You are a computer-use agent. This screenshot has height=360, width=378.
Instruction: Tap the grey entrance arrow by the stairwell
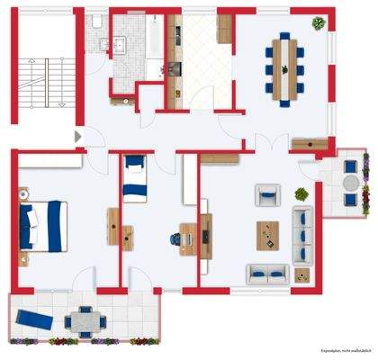coord(77,136)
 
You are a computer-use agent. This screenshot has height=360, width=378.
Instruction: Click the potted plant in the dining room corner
coord(318,25)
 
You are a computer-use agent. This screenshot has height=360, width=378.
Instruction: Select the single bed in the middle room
coord(134,179)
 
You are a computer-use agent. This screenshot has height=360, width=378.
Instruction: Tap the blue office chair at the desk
coord(174,238)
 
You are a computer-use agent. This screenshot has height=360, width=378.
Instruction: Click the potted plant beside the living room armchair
coord(301,193)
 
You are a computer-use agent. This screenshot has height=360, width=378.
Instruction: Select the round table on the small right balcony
coord(349,182)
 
